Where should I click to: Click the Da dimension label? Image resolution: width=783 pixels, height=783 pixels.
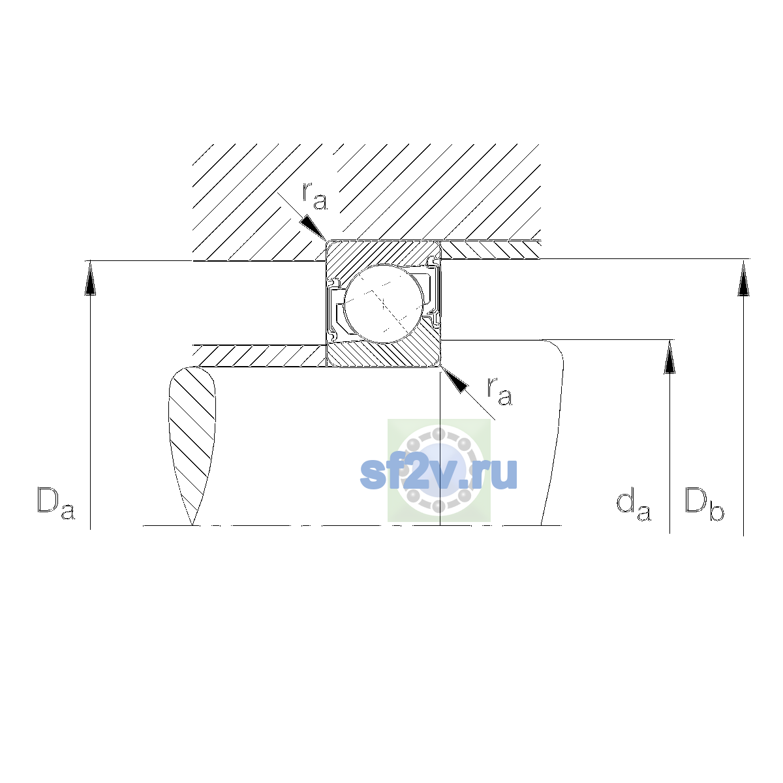coord(56,504)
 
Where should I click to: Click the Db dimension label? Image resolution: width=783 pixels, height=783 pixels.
coord(704,504)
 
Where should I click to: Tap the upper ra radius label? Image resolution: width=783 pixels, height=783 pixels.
coord(315,196)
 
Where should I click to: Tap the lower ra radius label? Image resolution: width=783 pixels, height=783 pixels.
coord(499,391)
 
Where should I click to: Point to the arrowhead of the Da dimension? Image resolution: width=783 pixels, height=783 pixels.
coord(90,278)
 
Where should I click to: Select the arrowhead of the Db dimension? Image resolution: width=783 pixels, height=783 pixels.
coord(743,279)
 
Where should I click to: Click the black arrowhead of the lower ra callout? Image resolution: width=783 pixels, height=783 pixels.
coord(454,380)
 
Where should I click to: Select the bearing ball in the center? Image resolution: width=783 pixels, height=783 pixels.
coord(384,305)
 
